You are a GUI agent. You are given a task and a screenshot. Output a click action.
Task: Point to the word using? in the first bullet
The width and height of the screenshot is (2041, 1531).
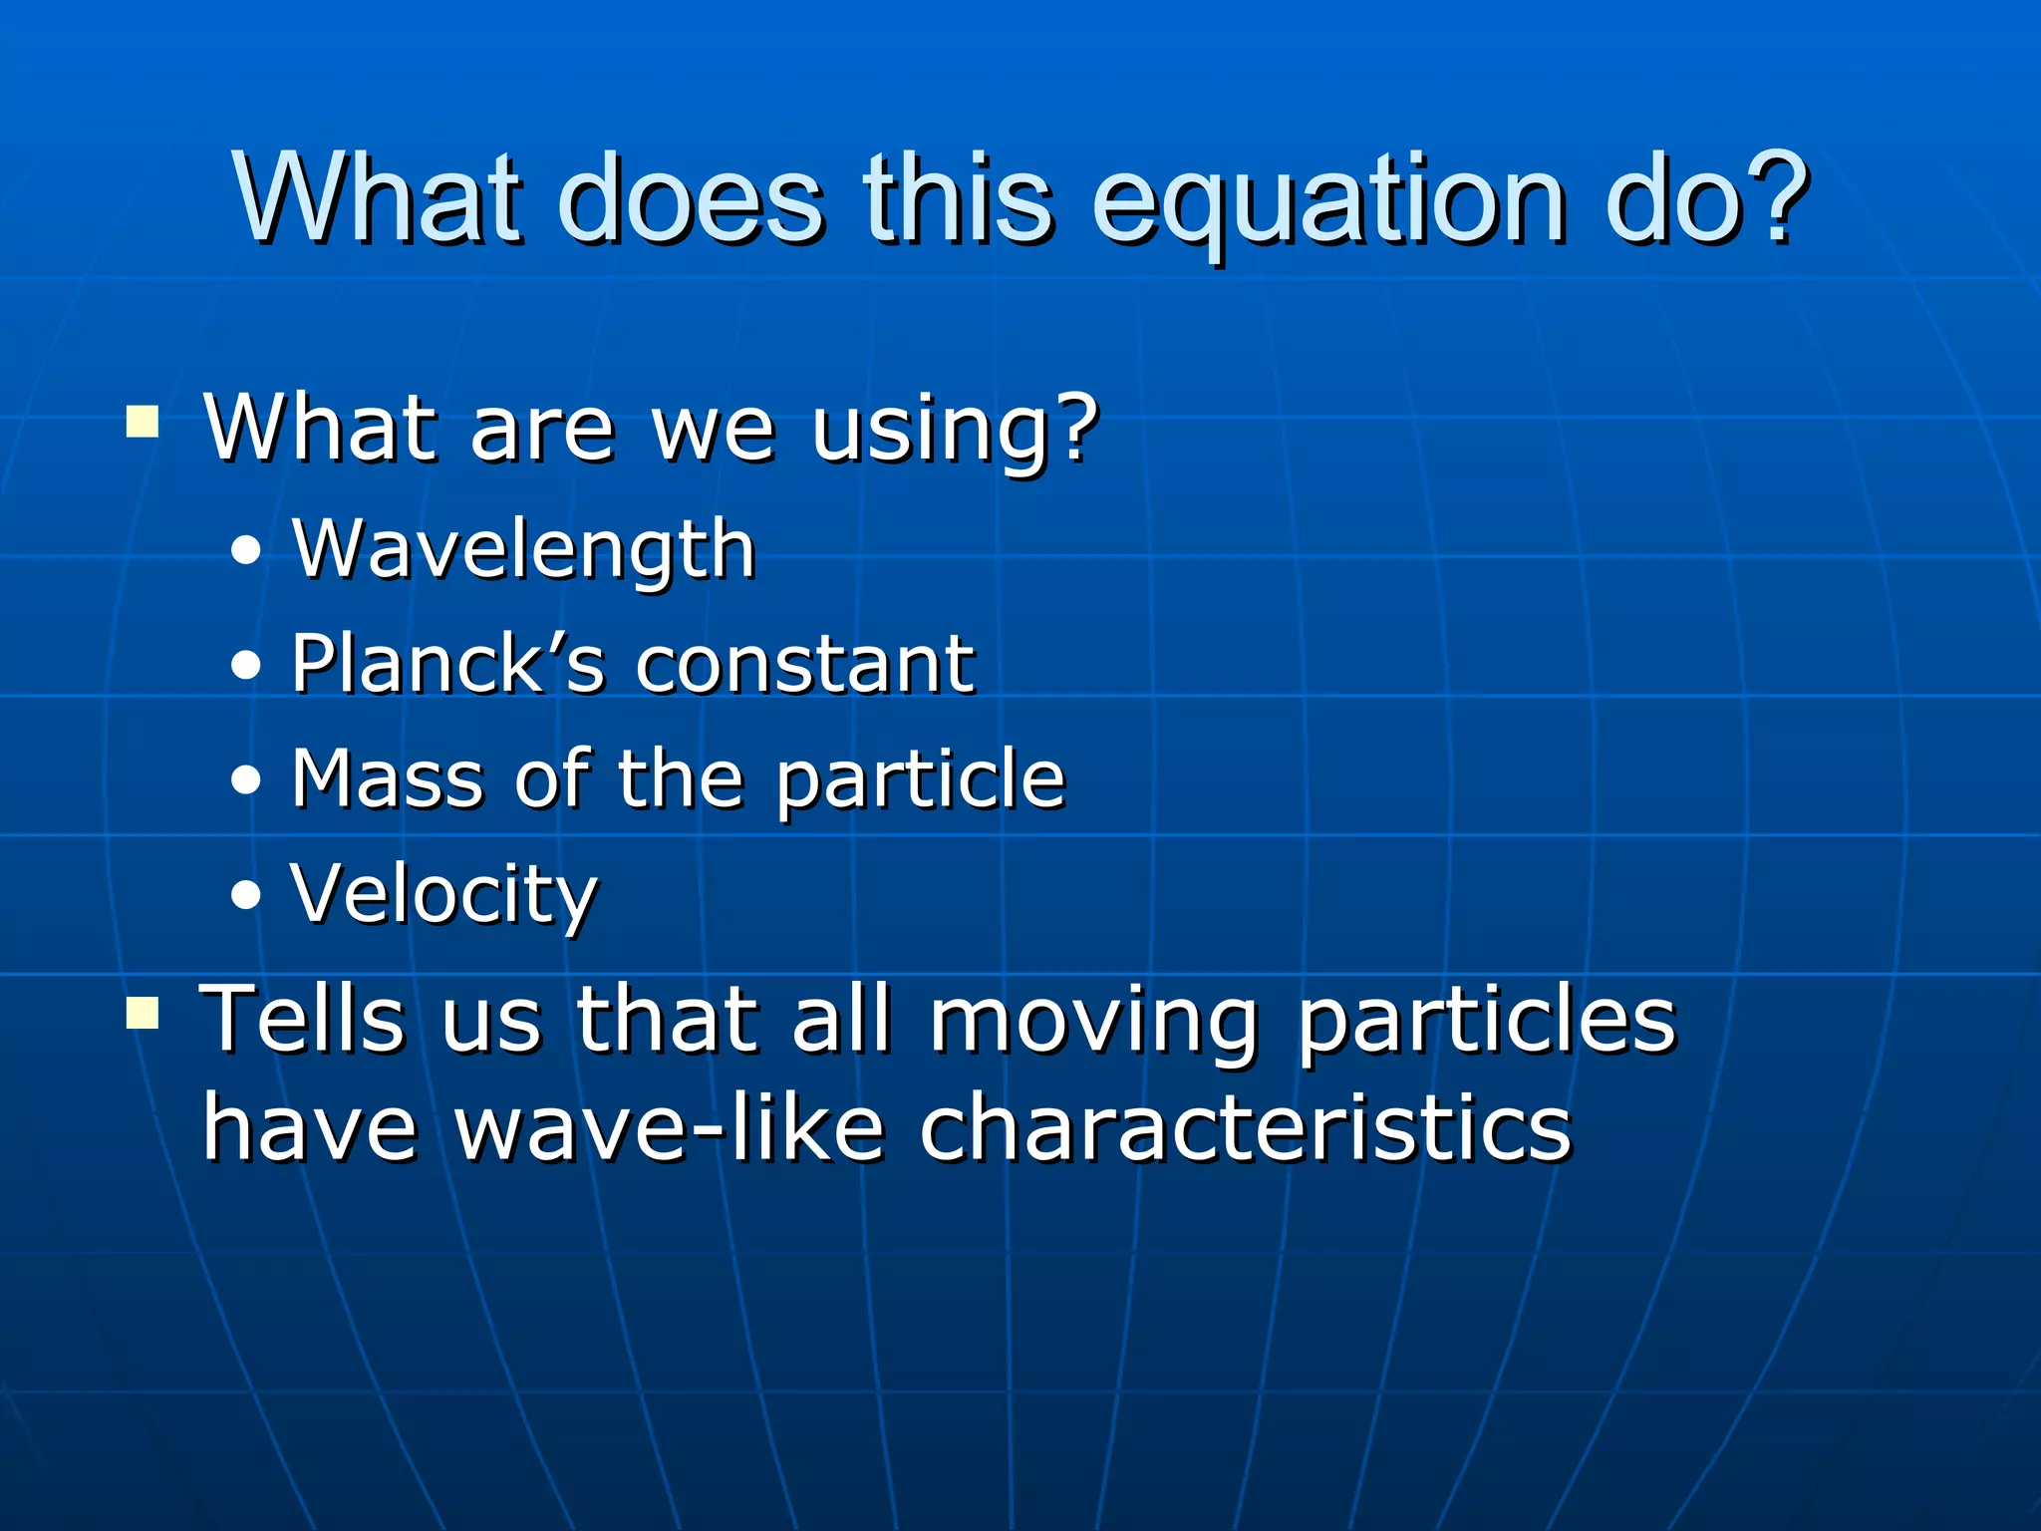coord(954,430)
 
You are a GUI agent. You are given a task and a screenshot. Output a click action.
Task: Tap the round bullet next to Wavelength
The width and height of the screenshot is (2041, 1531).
coord(245,550)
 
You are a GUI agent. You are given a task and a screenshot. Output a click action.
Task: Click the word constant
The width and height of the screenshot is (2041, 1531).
coord(804,665)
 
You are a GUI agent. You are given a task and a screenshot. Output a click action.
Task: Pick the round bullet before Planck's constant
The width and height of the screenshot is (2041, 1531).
coord(245,665)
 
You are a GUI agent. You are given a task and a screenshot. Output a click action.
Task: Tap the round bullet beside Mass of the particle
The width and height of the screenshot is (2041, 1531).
coord(245,780)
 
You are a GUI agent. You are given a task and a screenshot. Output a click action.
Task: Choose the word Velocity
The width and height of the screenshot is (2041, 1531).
coord(443,894)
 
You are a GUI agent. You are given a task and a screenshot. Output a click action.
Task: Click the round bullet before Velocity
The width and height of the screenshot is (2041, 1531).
coord(245,895)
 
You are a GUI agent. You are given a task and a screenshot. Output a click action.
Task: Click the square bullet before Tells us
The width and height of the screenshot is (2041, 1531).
coord(143,1014)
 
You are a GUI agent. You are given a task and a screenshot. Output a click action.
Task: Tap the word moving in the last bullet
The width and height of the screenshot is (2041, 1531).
coord(1093,1022)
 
